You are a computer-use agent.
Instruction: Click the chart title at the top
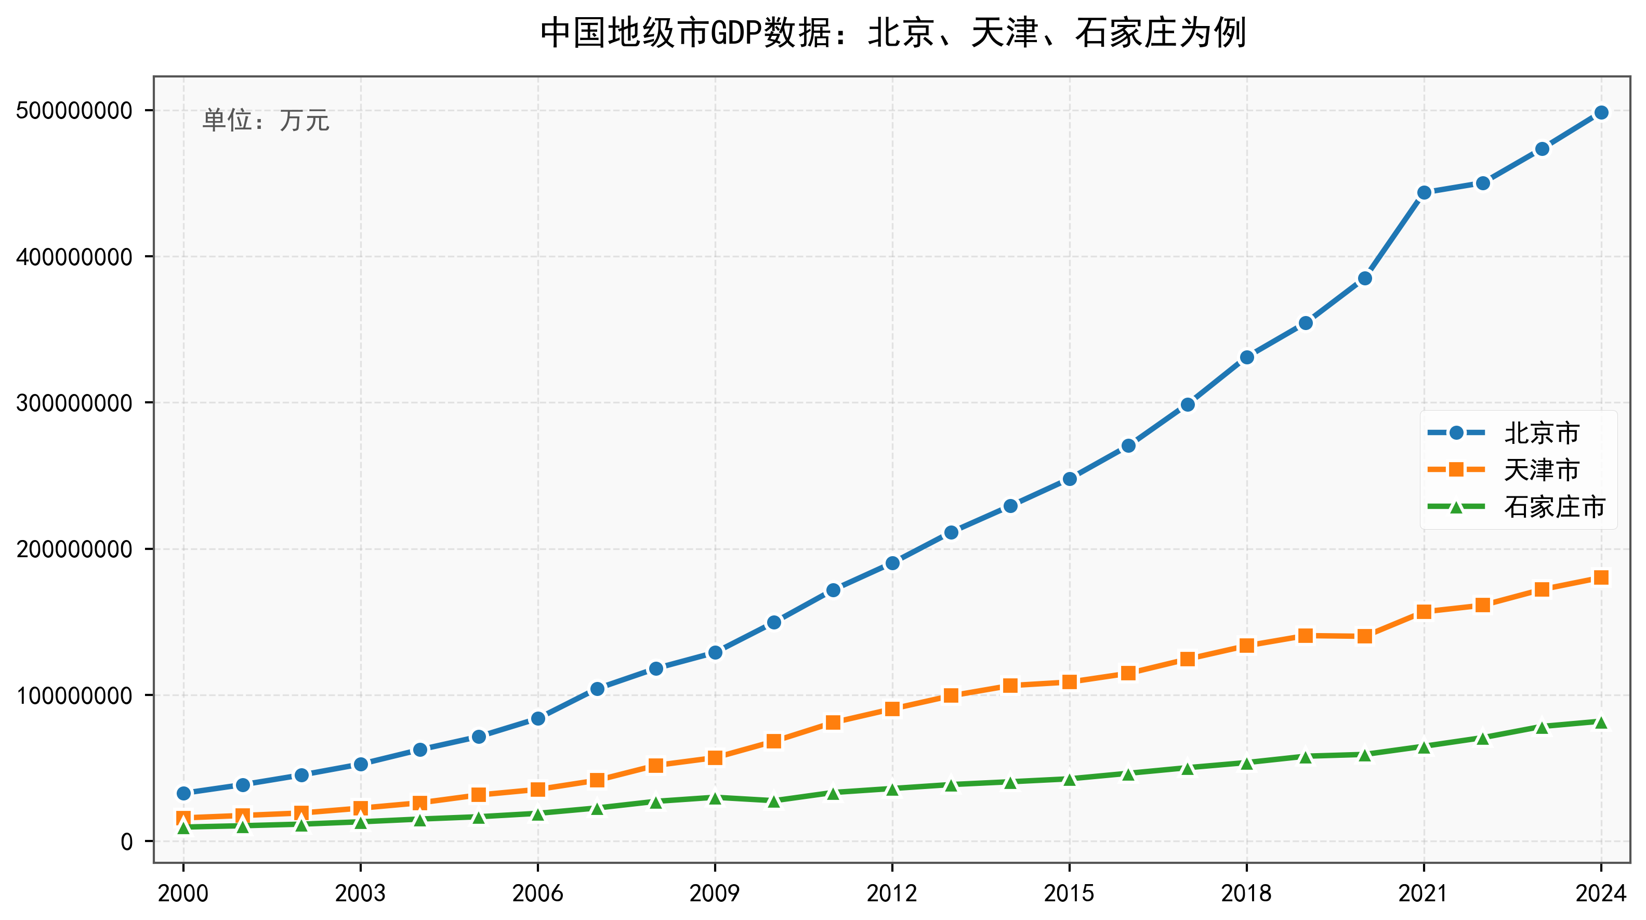click(893, 33)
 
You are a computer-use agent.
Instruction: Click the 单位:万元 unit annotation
click(266, 120)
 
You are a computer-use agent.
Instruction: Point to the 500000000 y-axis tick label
click(74, 111)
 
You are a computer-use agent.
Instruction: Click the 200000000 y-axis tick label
click(74, 549)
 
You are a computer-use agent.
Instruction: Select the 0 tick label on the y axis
click(126, 842)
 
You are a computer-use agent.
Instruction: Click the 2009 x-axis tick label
click(714, 893)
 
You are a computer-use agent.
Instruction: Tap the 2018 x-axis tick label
click(1246, 893)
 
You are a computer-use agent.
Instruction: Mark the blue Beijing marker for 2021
click(1424, 192)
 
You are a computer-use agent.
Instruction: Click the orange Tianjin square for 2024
click(1601, 577)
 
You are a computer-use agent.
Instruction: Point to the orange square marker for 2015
click(1070, 682)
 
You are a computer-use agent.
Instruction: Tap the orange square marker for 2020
click(1365, 636)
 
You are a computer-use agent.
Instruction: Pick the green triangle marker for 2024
click(1601, 722)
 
